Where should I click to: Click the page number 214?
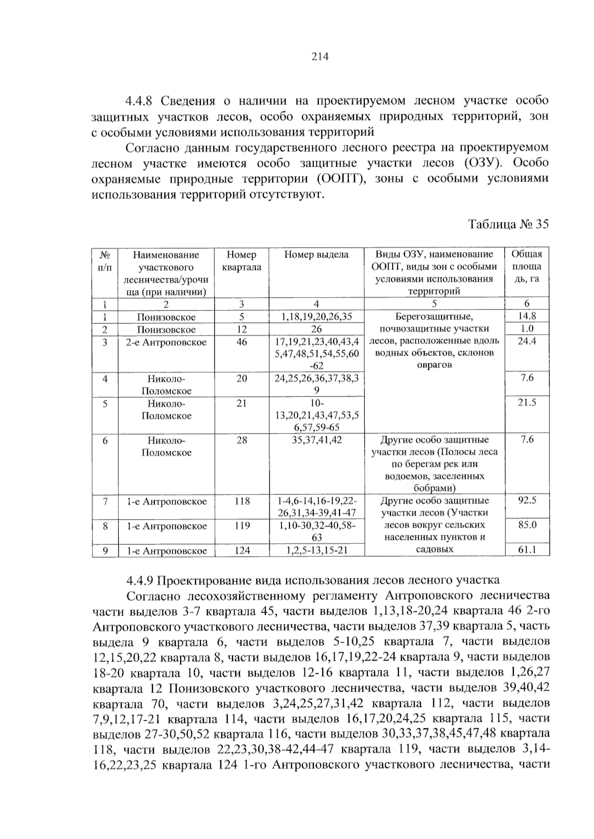(320, 57)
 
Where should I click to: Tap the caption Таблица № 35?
(508, 224)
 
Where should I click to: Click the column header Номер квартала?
(242, 261)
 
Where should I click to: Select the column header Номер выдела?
(316, 255)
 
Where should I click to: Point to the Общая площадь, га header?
(527, 266)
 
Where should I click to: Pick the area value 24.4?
(527, 341)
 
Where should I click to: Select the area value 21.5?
(527, 403)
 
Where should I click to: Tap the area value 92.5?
(527, 500)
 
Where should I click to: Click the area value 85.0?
(527, 525)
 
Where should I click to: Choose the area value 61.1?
(527, 550)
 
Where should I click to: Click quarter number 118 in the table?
(242, 501)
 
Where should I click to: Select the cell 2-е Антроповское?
(166, 342)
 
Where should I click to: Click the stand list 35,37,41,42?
(316, 440)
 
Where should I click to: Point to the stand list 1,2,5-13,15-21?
(316, 550)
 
